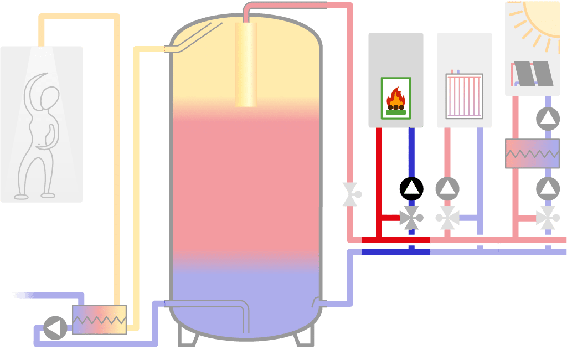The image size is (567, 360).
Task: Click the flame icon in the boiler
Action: [395, 99]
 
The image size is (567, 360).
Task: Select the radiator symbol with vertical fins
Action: [464, 96]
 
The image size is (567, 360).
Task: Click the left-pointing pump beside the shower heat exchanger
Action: [55, 328]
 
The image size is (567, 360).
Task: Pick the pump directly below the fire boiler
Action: [411, 188]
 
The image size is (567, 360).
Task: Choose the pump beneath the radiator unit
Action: [447, 188]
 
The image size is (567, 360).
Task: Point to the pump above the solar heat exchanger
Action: [548, 119]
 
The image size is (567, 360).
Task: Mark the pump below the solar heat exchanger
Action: [548, 189]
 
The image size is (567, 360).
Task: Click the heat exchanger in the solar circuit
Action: [532, 153]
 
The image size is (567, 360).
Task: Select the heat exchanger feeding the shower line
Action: [99, 320]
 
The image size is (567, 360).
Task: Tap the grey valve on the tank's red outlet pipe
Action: [350, 194]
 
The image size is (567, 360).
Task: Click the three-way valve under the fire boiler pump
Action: [411, 218]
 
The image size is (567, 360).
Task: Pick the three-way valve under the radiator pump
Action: [447, 218]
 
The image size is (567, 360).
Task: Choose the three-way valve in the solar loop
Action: [548, 218]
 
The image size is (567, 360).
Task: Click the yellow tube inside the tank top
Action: [246, 64]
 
